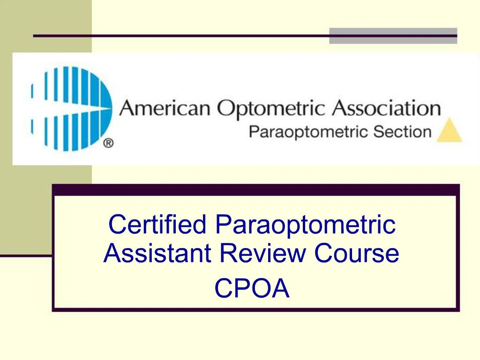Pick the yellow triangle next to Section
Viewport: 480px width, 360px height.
[449, 131]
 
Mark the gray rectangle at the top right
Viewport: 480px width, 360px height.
[393, 36]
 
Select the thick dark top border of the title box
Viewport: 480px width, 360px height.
[255, 189]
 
